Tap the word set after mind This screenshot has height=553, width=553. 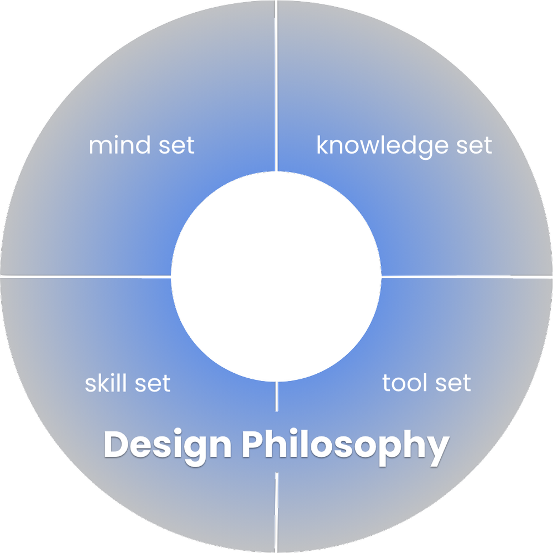175,145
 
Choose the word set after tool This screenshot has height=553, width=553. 451,383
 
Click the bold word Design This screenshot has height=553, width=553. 168,446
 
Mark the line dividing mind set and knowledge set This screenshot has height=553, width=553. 276,83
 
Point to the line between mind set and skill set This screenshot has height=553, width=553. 83,275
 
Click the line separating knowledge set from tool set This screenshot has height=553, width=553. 470,276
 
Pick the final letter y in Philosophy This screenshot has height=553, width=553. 437,449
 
